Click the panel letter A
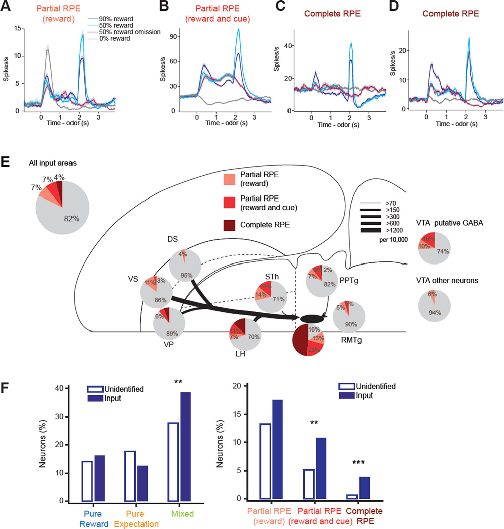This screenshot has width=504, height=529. (x=7, y=6)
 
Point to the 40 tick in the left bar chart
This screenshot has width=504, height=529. (x=60, y=388)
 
